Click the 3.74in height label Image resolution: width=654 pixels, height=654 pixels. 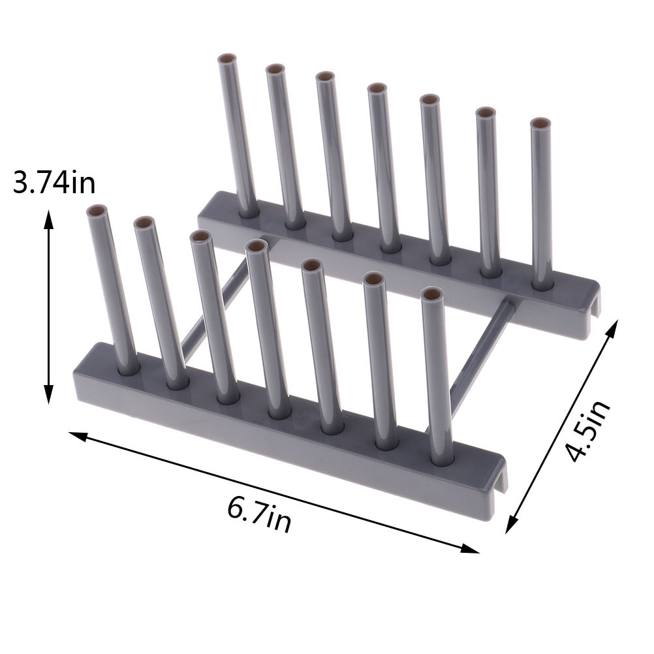[x=54, y=182]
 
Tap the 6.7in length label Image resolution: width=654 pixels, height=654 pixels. [x=259, y=514]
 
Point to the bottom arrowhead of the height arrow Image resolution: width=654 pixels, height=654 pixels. [x=49, y=395]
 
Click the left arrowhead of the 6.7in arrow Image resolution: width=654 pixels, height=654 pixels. [x=78, y=437]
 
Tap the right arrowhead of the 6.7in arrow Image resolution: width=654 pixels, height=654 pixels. [x=470, y=548]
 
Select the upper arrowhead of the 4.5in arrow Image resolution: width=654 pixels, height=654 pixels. [x=612, y=328]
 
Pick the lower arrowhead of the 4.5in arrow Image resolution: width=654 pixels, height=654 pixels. [x=512, y=524]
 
